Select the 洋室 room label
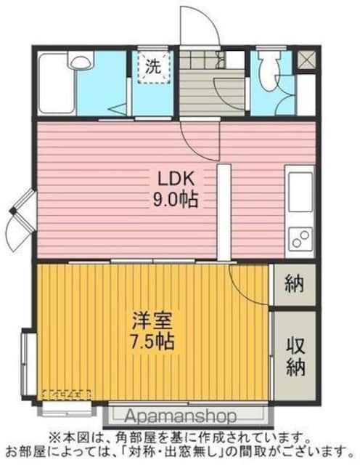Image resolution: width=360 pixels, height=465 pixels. click(x=152, y=320)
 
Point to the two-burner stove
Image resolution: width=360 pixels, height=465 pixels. click(x=299, y=237)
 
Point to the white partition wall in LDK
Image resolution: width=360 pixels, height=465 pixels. click(x=224, y=211)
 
